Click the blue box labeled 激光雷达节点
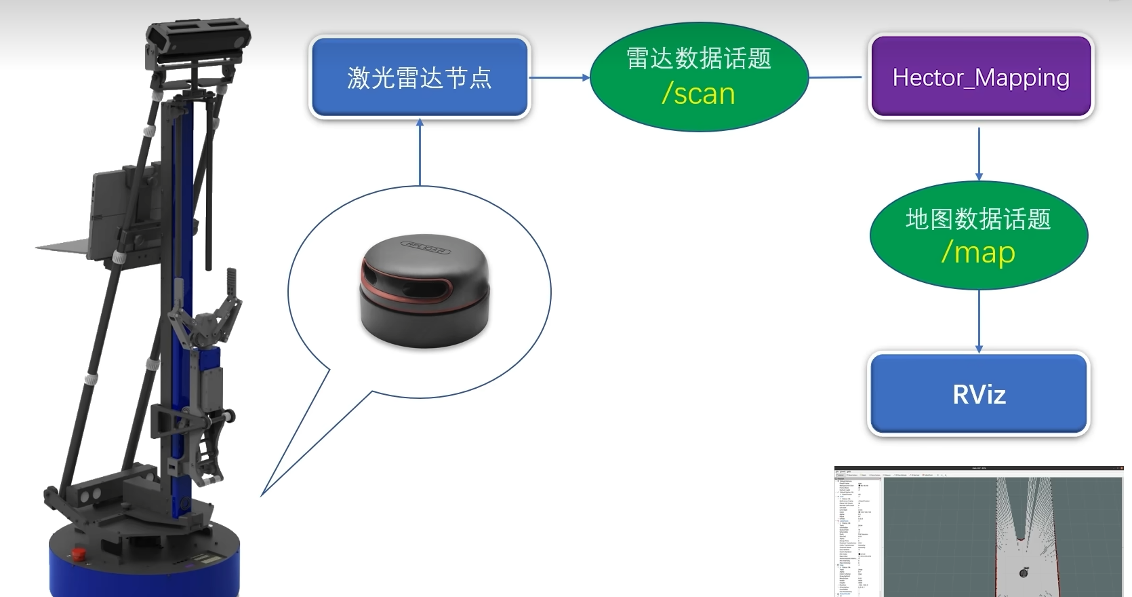(419, 77)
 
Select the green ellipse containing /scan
(699, 77)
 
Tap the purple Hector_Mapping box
(980, 77)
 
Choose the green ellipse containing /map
(978, 235)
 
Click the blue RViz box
(979, 393)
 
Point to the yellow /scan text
(699, 94)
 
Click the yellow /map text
(978, 252)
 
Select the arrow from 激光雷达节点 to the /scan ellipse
(559, 77)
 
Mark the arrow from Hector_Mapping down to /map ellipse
(979, 153)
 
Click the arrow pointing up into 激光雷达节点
(420, 152)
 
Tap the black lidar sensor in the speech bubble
(424, 292)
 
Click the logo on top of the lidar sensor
(426, 248)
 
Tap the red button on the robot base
(79, 554)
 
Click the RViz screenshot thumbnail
(978, 532)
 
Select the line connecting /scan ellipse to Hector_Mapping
(835, 77)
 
